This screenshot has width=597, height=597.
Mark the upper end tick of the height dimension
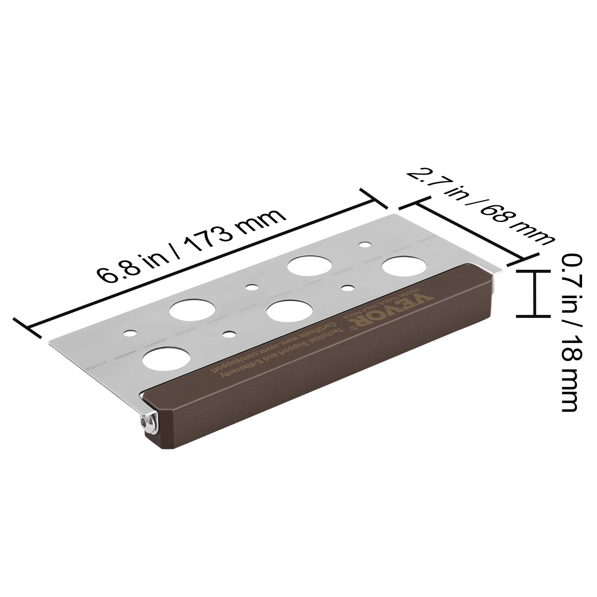coord(534,272)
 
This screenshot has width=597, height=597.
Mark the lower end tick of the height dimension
coord(534,316)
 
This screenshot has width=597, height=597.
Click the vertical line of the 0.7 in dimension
coord(534,294)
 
